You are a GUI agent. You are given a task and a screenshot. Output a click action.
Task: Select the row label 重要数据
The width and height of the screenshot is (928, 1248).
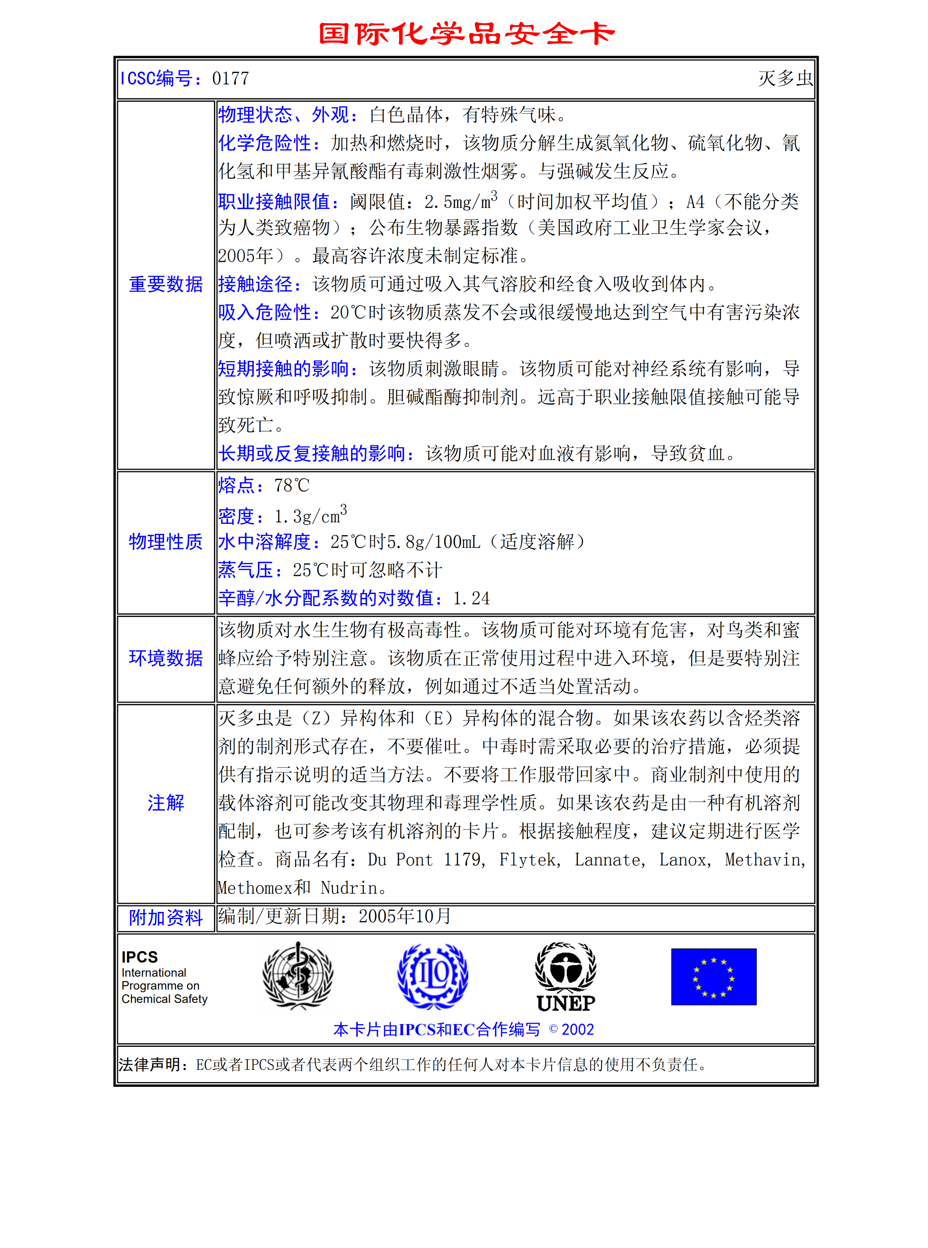point(166,284)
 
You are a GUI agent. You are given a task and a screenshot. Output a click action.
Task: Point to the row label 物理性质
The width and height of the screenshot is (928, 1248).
point(166,542)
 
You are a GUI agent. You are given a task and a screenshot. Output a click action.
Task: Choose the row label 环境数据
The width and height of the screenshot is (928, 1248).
point(166,658)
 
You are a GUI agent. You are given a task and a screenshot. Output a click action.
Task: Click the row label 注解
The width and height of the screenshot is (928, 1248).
point(166,803)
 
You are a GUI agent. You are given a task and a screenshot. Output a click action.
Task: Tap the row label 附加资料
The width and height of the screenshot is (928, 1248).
point(166,917)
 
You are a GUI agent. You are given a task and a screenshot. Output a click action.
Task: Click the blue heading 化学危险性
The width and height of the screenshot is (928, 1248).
point(265,143)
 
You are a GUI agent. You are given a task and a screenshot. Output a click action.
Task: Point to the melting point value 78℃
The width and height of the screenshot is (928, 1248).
point(292,485)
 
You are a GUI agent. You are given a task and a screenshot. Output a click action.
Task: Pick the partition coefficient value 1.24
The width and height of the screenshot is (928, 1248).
point(471,598)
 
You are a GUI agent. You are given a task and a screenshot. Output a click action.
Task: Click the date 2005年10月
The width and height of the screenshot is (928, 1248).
point(405,916)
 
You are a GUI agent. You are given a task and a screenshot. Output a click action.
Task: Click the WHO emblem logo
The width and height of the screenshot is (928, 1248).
point(298,976)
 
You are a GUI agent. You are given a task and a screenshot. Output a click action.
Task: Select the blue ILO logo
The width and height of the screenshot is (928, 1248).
point(433,976)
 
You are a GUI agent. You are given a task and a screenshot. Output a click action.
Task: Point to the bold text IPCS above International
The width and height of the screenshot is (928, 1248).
point(140,957)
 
